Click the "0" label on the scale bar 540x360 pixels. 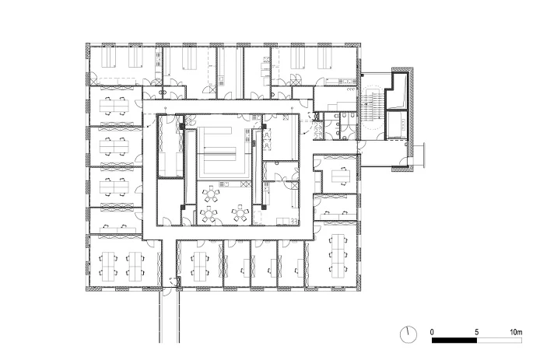point(432,332)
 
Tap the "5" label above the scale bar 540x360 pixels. point(477,332)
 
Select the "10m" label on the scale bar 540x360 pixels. point(516,332)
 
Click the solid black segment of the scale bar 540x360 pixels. point(454,341)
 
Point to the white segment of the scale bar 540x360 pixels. point(500,341)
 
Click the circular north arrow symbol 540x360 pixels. point(408,334)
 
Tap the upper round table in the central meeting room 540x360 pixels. point(211,195)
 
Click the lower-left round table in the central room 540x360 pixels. point(208,215)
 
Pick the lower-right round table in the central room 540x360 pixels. point(240,213)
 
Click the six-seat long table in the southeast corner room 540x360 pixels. point(338,256)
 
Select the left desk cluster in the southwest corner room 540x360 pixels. point(108,265)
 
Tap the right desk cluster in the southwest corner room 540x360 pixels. point(135,265)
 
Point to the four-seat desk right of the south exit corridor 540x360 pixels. point(200,264)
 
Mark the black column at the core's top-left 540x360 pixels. point(181,126)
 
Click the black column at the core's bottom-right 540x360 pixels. point(264,207)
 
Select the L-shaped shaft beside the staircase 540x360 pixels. point(397,91)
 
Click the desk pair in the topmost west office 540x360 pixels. point(114,106)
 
